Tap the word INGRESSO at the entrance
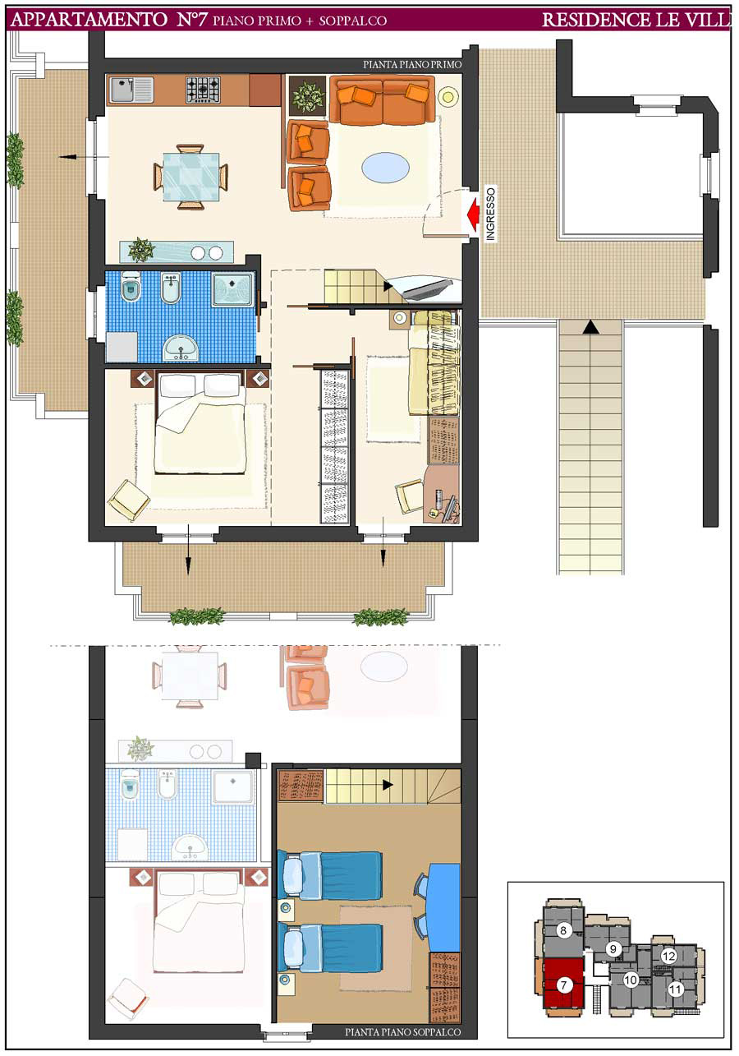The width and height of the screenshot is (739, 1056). tap(490, 214)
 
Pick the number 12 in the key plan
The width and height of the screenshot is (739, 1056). tap(668, 956)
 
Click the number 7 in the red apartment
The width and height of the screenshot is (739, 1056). tap(563, 985)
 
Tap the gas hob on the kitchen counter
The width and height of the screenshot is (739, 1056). tap(203, 90)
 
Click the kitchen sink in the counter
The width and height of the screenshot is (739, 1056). tap(131, 90)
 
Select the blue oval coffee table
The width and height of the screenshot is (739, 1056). tap(385, 168)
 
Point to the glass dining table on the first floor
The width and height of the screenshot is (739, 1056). tap(191, 177)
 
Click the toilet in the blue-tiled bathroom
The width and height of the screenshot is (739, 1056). tap(131, 287)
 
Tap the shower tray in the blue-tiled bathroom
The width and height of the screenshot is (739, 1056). tap(232, 288)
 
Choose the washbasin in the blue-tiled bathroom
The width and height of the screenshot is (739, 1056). tap(181, 348)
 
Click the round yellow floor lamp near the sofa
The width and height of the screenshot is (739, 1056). tap(448, 97)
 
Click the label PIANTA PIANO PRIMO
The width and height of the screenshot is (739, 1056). tap(412, 65)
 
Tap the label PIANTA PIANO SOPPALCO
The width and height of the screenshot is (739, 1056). tap(402, 1032)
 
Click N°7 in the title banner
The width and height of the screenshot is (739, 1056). tap(191, 20)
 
